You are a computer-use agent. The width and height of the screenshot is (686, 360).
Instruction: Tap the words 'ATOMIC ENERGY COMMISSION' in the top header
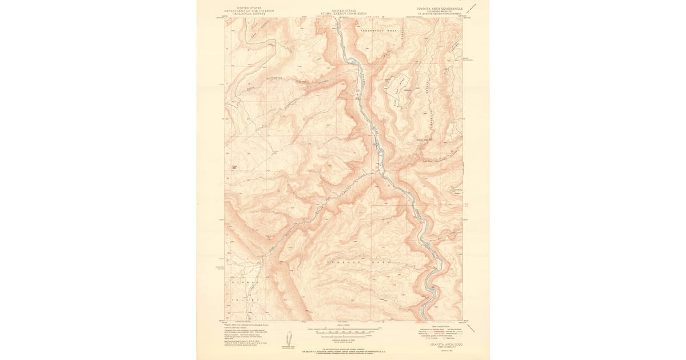pos(343,13)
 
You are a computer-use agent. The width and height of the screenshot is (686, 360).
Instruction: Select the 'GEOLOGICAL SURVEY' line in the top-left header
pos(249,13)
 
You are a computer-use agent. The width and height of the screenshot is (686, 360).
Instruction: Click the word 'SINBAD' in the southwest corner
pos(246,282)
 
